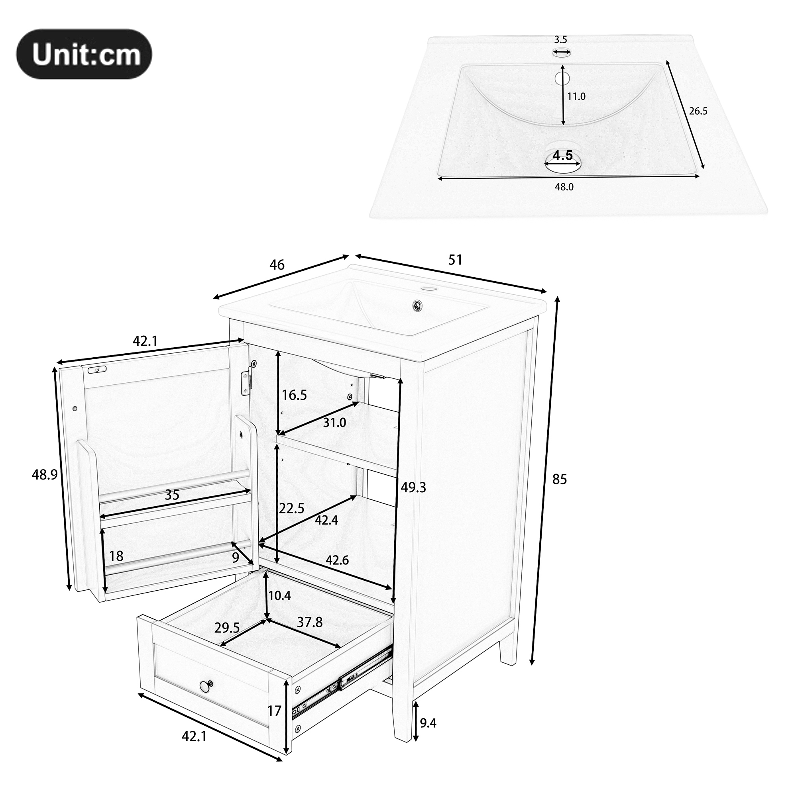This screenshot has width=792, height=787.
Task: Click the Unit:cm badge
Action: pos(84,54)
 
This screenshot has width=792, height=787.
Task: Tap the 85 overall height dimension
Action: pos(560,479)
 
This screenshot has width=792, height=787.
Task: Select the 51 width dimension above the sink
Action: pos(456,260)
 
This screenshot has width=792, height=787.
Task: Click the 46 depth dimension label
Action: pos(277,265)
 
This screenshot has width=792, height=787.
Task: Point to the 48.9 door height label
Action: pos(45,474)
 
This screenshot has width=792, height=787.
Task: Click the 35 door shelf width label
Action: pos(172,495)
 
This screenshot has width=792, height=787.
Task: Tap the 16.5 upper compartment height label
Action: pos(294,395)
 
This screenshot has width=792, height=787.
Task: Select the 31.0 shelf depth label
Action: pos(334,423)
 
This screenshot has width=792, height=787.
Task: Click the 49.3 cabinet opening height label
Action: pos(413,487)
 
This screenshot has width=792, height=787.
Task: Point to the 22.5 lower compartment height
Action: pos(291,509)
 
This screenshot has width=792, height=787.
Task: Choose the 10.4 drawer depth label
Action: pos(279,595)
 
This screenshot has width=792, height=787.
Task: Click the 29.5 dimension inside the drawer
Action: pos(227,628)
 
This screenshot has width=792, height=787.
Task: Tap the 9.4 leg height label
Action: pos(428,723)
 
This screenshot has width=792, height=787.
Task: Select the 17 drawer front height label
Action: pos(275,711)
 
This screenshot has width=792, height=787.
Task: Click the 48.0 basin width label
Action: pos(564,187)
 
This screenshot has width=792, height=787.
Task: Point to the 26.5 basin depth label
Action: pos(698,111)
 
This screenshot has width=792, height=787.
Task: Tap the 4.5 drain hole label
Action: pos(562,155)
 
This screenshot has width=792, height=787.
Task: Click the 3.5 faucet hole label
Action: pos(560,40)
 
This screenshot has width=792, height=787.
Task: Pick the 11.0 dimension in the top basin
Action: pos(576,97)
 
